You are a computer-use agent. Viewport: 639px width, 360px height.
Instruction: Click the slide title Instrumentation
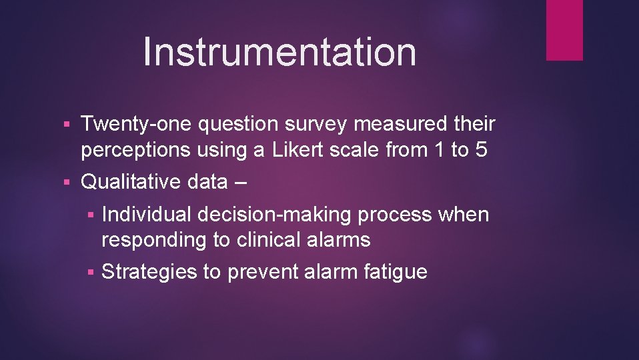[x=279, y=51]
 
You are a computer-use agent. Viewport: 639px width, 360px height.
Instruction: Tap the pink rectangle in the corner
[x=564, y=30]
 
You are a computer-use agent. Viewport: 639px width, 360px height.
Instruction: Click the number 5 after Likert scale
[x=481, y=149]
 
